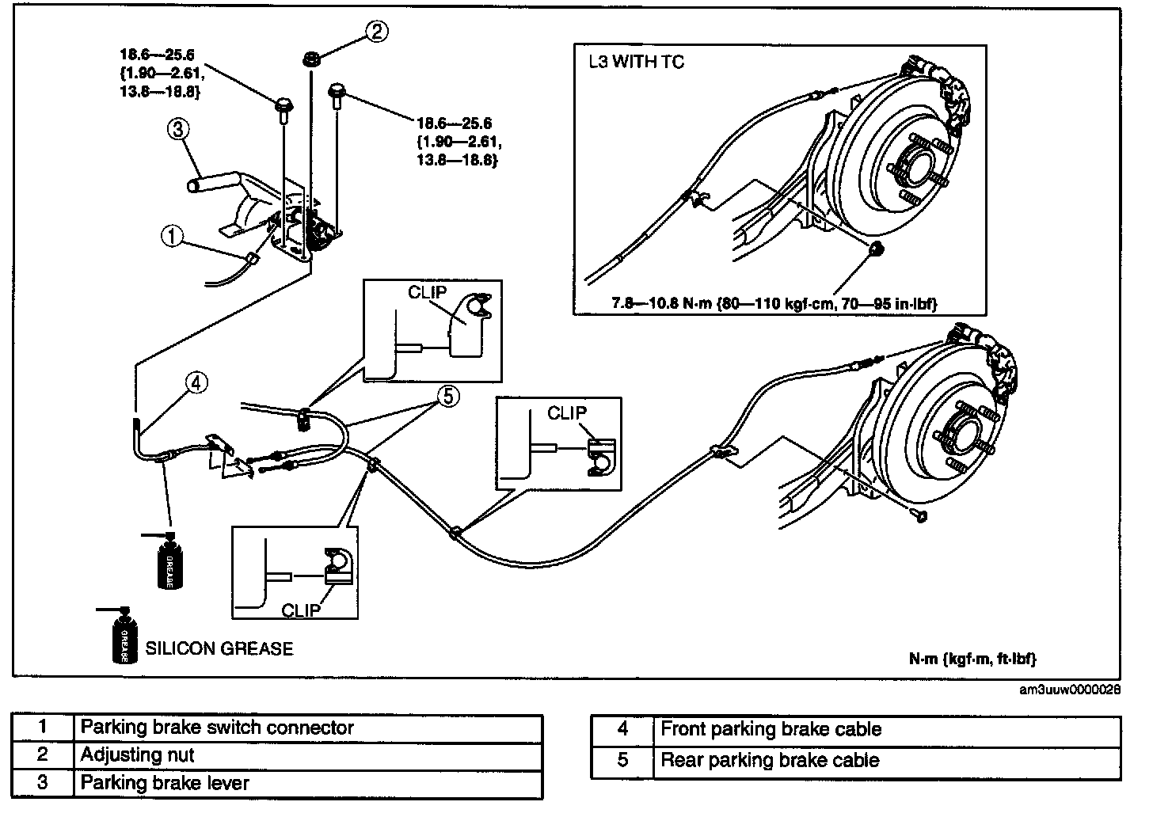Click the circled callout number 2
[x=377, y=31]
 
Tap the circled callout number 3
[x=178, y=129]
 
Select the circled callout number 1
[x=172, y=234]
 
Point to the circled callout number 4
[x=196, y=383]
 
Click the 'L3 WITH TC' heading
[x=637, y=62]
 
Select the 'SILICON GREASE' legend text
[x=219, y=648]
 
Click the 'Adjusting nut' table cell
[x=137, y=755]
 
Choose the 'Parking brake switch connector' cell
[x=217, y=728]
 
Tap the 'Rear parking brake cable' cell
[x=770, y=761]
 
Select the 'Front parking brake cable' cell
[x=771, y=730]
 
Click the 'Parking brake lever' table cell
[x=165, y=783]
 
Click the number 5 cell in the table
[x=622, y=761]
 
